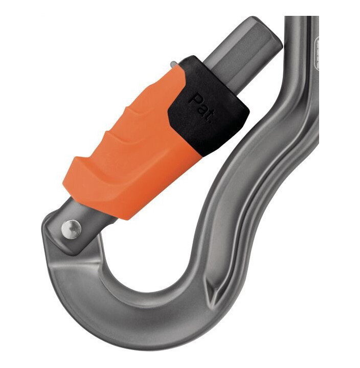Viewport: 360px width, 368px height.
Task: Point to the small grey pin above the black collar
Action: (x=174, y=64)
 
